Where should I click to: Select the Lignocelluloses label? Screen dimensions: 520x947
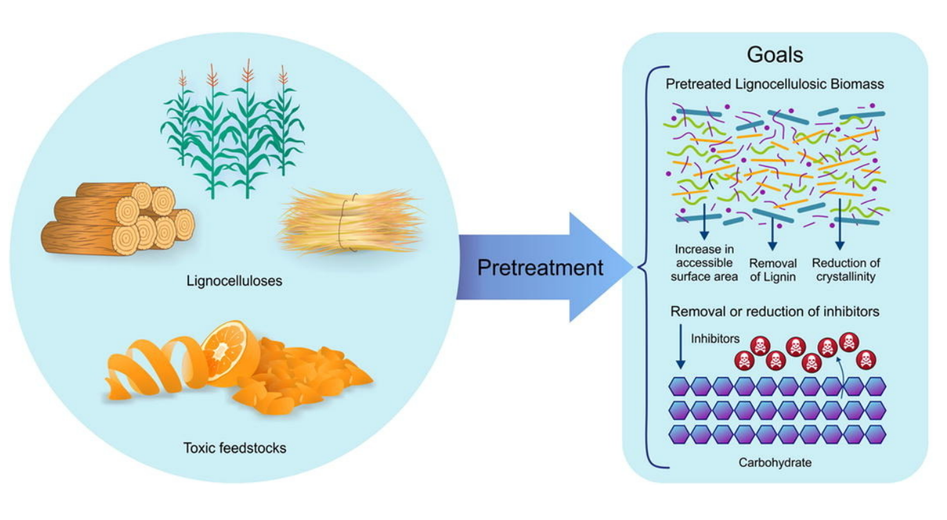(235, 281)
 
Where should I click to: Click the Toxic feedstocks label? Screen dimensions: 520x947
(235, 448)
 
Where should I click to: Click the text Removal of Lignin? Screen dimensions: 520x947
(772, 270)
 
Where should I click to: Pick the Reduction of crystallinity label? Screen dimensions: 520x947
(846, 270)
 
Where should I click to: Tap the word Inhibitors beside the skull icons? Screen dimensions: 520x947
(715, 339)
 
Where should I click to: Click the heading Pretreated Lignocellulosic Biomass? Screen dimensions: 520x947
(775, 85)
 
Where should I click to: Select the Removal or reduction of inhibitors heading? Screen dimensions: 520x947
(775, 312)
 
